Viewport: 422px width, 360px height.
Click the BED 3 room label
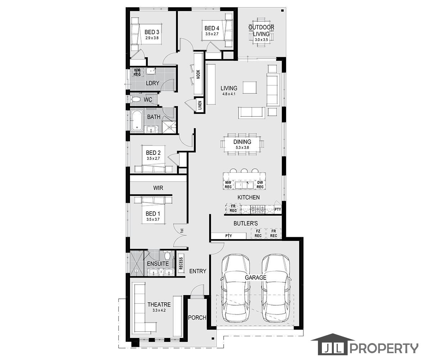click(152, 32)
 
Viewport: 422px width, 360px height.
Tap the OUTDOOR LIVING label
click(262, 31)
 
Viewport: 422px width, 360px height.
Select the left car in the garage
click(235, 288)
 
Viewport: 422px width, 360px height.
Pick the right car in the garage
click(276, 288)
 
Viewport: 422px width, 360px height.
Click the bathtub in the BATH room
click(136, 121)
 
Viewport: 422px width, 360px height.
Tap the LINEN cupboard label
click(199, 105)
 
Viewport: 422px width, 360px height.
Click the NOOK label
click(198, 74)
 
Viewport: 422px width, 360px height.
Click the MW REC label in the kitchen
click(228, 185)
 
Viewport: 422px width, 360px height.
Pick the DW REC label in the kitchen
click(260, 185)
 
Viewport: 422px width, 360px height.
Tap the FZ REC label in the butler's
click(258, 234)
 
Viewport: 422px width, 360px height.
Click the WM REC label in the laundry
click(137, 72)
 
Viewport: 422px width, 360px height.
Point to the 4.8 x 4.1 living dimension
click(229, 95)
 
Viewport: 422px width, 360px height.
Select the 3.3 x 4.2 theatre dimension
click(159, 310)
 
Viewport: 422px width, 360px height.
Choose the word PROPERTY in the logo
click(384, 348)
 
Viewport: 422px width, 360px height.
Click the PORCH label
click(197, 318)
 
